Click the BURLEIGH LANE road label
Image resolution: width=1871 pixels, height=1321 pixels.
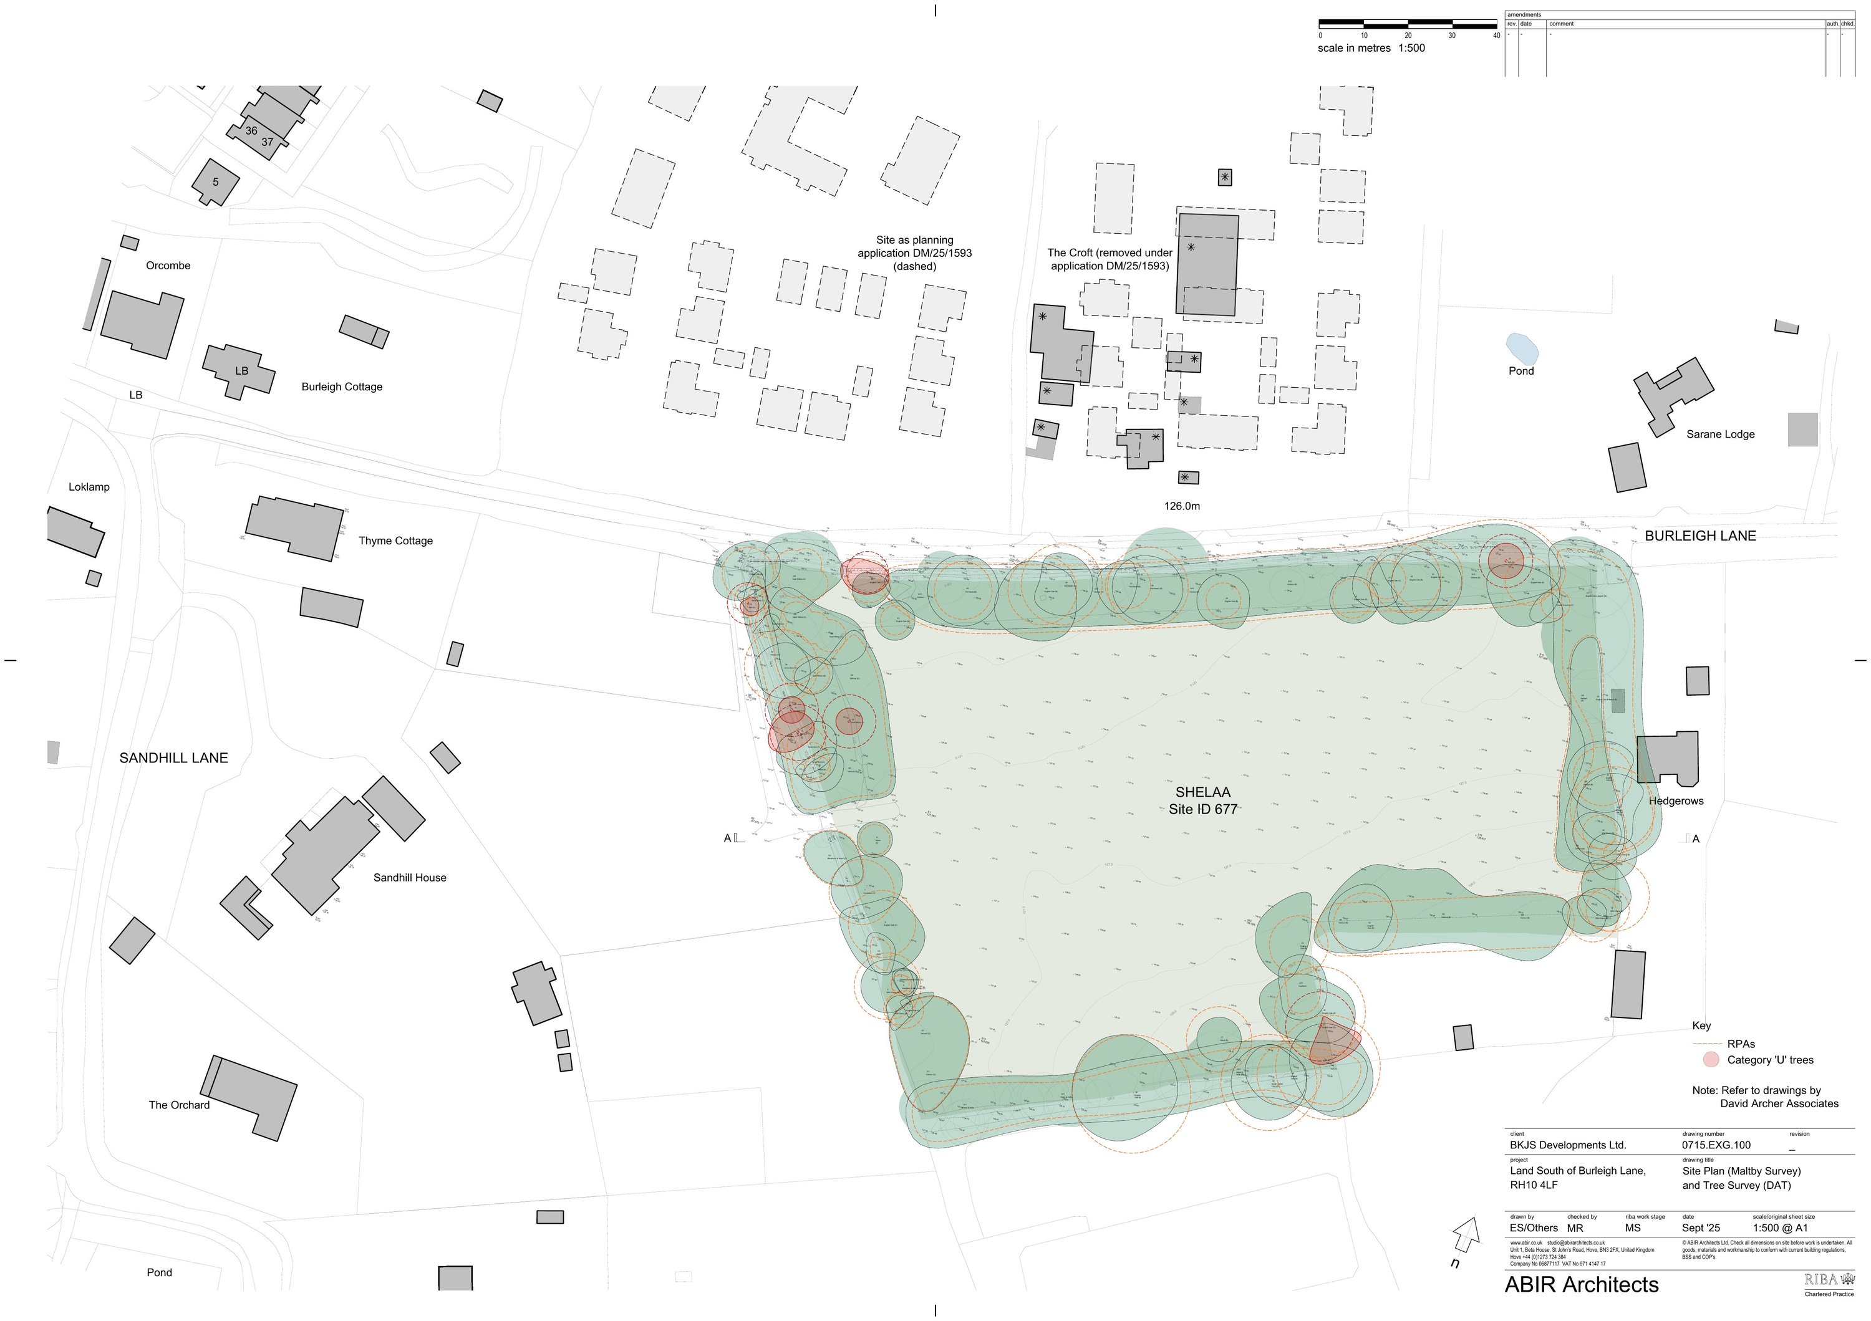click(1700, 536)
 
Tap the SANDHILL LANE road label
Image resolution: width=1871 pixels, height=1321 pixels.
click(173, 758)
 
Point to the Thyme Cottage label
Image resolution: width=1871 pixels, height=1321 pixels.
click(395, 540)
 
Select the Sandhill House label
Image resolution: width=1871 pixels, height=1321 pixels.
click(409, 878)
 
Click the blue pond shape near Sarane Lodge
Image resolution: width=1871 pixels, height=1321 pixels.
click(1521, 348)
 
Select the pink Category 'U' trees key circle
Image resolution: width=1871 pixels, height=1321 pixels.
click(1711, 1060)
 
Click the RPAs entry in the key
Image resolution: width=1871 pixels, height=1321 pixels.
click(1741, 1044)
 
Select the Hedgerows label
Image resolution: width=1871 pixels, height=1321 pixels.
click(1676, 802)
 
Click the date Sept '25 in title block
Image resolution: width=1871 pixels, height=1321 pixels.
click(1701, 1228)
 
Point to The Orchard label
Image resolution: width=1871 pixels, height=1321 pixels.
click(178, 1105)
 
